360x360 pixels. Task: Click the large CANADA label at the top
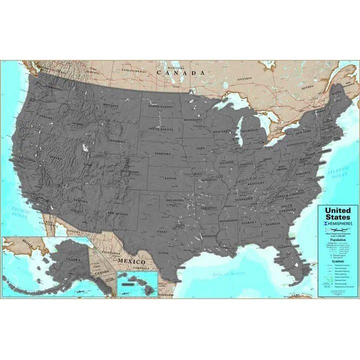click(180, 72)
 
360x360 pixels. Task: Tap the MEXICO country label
click(131, 261)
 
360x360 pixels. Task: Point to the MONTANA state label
click(110, 105)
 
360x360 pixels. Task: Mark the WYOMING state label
click(118, 141)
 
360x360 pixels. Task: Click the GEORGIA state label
click(273, 223)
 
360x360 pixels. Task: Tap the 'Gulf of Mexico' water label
click(227, 273)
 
